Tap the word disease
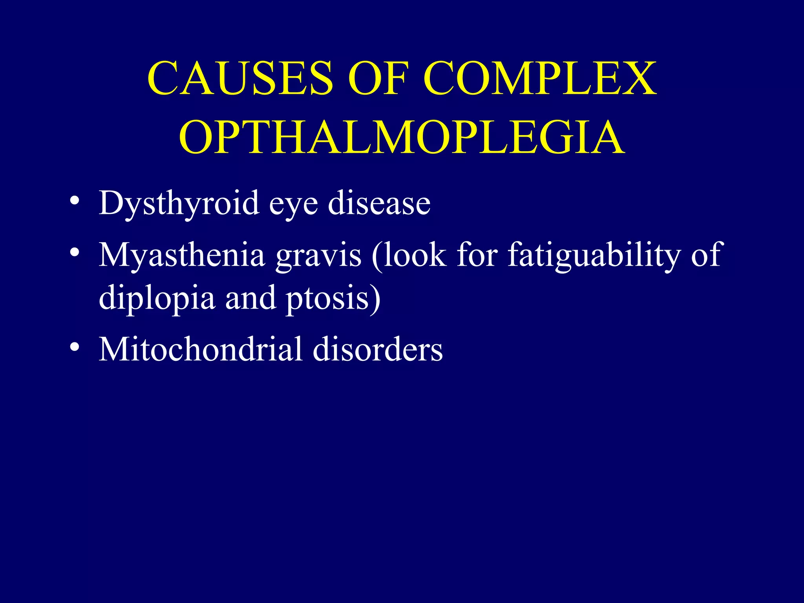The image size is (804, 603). [379, 203]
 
